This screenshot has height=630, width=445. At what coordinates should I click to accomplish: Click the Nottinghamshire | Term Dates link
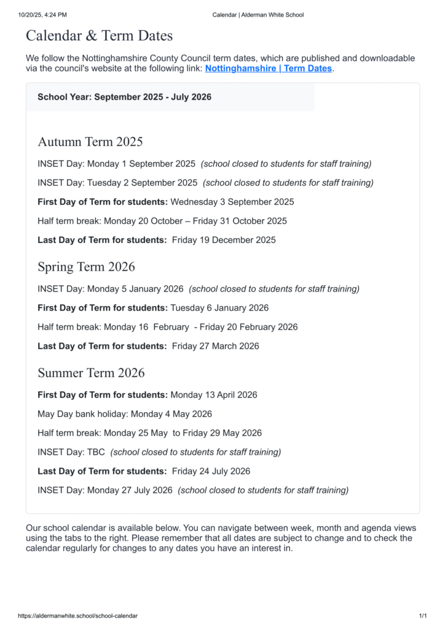coord(268,68)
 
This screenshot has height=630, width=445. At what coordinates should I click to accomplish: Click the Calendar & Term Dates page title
coord(99,36)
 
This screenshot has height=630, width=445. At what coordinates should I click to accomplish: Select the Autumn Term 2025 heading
coord(90,142)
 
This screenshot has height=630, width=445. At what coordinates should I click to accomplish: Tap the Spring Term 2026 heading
coord(86,266)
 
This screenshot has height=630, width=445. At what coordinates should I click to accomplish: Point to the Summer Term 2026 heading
coord(91,373)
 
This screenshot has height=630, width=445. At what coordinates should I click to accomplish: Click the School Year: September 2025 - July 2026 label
coord(124,97)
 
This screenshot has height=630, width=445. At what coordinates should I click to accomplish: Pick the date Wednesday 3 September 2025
coord(232,202)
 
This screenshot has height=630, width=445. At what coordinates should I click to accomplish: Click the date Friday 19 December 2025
coord(224,240)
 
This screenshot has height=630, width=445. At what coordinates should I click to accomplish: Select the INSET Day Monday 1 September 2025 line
coord(116,164)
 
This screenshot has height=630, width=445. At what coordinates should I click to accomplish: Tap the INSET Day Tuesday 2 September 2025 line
coord(117,183)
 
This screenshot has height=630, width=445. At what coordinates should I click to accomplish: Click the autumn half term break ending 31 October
coord(162,221)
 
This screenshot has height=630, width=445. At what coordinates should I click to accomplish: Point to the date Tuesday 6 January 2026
coord(219,308)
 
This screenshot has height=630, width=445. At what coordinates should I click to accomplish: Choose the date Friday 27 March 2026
coord(215,346)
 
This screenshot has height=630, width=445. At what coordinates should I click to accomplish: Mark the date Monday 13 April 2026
coord(213,395)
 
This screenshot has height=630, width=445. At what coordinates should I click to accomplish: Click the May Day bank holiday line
coord(124,414)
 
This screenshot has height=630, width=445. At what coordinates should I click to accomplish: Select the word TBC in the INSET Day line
coord(96,452)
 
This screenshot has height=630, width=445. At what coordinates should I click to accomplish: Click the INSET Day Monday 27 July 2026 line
coord(104,490)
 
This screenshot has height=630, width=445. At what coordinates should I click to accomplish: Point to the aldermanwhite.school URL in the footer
coord(77,616)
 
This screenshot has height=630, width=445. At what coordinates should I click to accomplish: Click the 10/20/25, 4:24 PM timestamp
coord(42,15)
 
